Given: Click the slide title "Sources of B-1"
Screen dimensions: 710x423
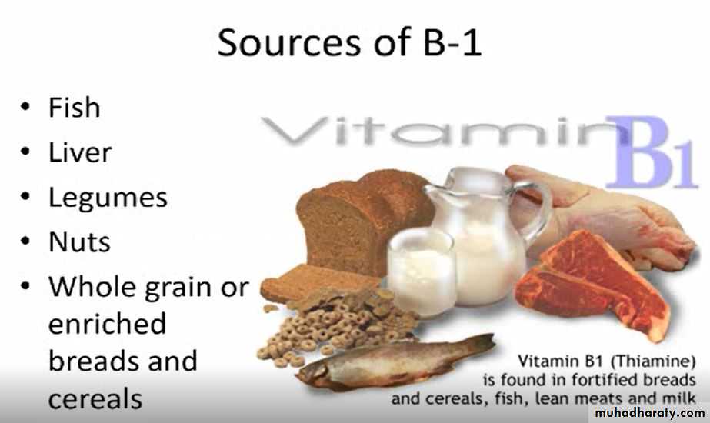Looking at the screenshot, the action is [349, 42].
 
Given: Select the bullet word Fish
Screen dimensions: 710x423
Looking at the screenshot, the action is [75, 108].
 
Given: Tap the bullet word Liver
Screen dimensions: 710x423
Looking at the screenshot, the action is [80, 152].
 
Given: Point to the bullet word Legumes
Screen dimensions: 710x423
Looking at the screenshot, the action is [108, 198].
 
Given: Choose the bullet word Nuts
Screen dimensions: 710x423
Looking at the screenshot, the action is [79, 241].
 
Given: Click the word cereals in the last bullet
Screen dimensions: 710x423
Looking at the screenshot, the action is [95, 399].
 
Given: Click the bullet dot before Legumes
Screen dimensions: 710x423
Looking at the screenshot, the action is [25, 197].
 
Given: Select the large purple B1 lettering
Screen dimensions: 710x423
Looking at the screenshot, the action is [651, 152].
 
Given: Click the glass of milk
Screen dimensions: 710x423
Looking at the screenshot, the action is [422, 271].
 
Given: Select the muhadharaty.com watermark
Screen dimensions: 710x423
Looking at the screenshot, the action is [649, 412].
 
